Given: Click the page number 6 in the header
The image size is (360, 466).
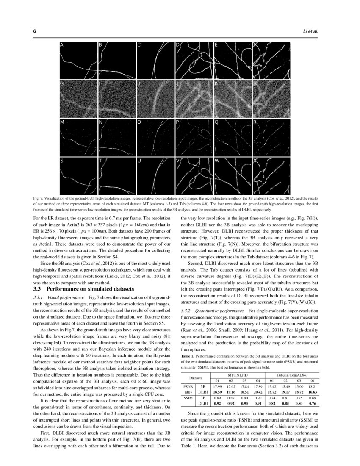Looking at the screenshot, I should pyautogui.click(x=34, y=31).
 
